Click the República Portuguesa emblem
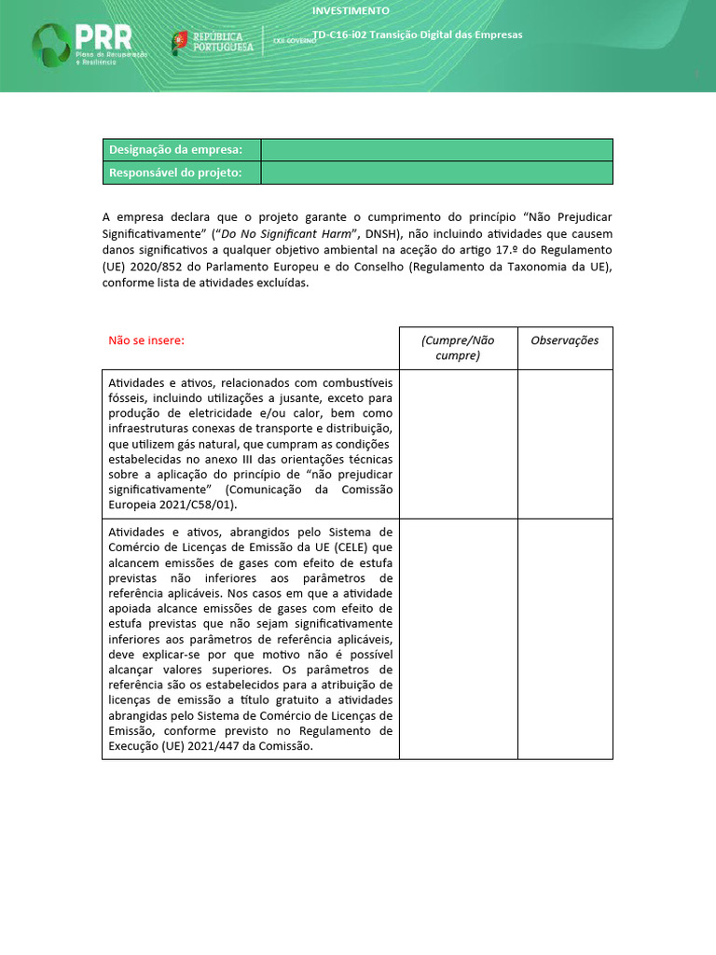point(180,41)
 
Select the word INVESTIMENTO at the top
point(351,11)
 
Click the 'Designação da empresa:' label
point(175,150)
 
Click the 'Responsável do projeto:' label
point(175,173)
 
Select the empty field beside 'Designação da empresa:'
point(436,150)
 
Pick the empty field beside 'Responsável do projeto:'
point(436,173)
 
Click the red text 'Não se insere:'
point(146,340)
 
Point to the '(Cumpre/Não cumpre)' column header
point(458,348)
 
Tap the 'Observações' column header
point(565,340)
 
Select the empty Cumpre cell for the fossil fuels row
point(458,444)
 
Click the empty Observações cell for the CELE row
point(565,639)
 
